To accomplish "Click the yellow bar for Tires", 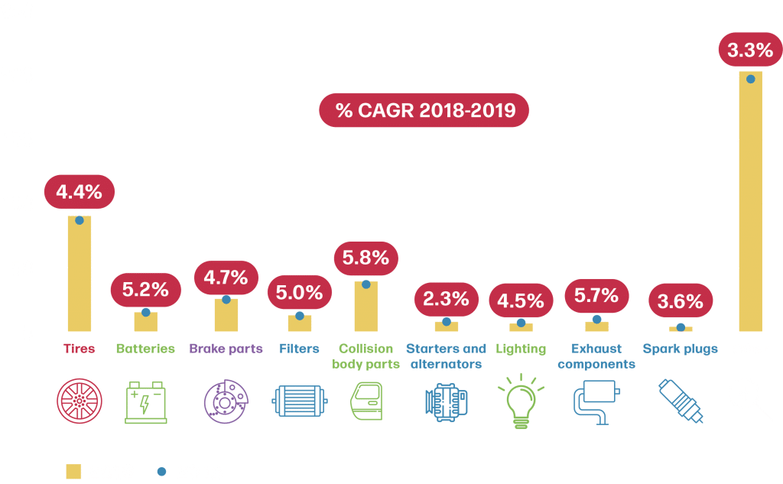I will pos(80,275).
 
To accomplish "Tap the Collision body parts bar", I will pos(366,306).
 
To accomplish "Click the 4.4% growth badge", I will pos(79,191).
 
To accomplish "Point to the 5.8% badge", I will pos(366,258).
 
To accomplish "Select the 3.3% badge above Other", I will pos(750,51).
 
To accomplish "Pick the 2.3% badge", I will pos(446,300).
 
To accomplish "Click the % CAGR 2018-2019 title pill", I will pos(424,111).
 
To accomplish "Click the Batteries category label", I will pos(145,349).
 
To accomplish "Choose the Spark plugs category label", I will pos(680,349).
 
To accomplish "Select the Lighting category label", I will pos(521,349).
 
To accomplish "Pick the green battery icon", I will pos(146,401).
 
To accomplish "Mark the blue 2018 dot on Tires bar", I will pos(80,220).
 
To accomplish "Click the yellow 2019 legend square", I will pos(73,471).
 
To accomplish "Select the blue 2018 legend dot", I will pos(161,471).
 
